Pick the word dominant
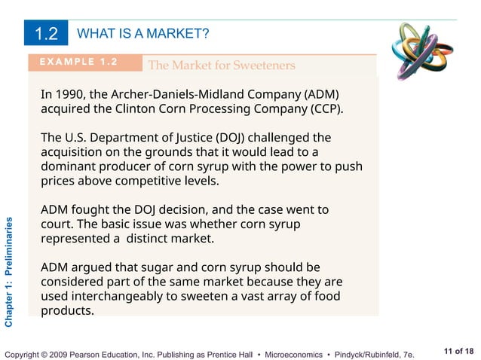(x=69, y=166)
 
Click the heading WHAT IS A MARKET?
(x=143, y=34)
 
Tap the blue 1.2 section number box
(x=47, y=34)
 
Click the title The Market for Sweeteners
(x=222, y=66)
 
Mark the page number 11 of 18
(x=459, y=351)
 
